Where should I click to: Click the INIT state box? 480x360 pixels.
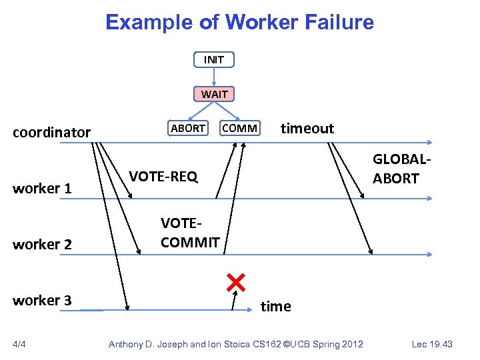tap(214, 59)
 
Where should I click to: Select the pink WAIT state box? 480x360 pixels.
tap(214, 94)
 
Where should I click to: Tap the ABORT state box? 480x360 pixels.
tap(187, 128)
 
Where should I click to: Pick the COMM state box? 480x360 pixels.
tap(240, 128)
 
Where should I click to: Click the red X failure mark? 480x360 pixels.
tap(235, 283)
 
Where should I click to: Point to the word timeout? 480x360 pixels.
tap(307, 128)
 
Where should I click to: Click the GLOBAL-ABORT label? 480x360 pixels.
tap(396, 169)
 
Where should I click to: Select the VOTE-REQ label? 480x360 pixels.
tap(163, 176)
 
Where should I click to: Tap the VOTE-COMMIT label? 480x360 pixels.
tap(190, 233)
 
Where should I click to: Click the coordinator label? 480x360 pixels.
tap(52, 132)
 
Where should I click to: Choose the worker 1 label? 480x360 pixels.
tap(43, 188)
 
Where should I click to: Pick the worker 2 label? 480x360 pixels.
tap(43, 244)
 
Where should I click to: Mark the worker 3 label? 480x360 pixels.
tap(43, 300)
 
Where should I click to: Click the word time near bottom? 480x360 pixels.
tap(275, 306)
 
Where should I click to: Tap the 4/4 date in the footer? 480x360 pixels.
tap(21, 344)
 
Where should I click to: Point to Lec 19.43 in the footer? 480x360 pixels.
tap(431, 344)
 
